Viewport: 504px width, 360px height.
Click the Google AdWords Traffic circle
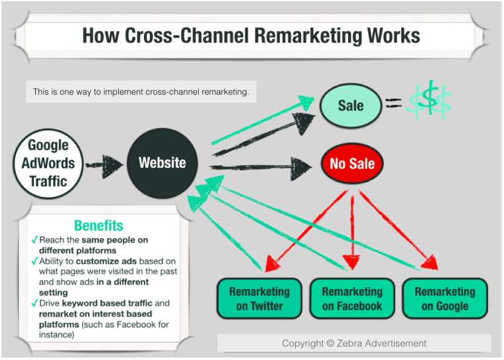[x=48, y=163]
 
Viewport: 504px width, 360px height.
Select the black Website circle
[x=162, y=163]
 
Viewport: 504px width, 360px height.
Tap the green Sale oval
[x=351, y=105]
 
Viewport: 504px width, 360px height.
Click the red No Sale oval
[x=352, y=164]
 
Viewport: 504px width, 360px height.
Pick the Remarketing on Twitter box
[x=259, y=299]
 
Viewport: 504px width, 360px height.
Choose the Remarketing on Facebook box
[x=352, y=299]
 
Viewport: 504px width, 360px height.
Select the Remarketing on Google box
[x=445, y=299]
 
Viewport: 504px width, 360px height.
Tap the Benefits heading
[x=98, y=225]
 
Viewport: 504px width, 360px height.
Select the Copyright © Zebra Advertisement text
[x=354, y=343]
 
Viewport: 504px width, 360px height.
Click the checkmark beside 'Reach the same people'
[x=34, y=240]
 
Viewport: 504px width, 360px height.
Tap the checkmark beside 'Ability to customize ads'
[x=34, y=261]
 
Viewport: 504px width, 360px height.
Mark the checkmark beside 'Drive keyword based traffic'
[x=34, y=304]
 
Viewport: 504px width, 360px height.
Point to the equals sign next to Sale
[x=393, y=103]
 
